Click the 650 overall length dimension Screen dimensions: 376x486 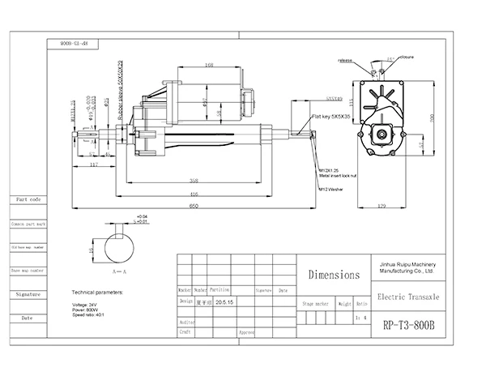point(194,207)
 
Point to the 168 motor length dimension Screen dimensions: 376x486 point(209,65)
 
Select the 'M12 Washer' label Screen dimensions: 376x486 point(333,189)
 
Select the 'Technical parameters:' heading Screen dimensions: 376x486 point(98,290)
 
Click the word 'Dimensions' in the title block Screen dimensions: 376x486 point(333,275)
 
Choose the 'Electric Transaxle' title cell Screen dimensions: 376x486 point(409,297)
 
